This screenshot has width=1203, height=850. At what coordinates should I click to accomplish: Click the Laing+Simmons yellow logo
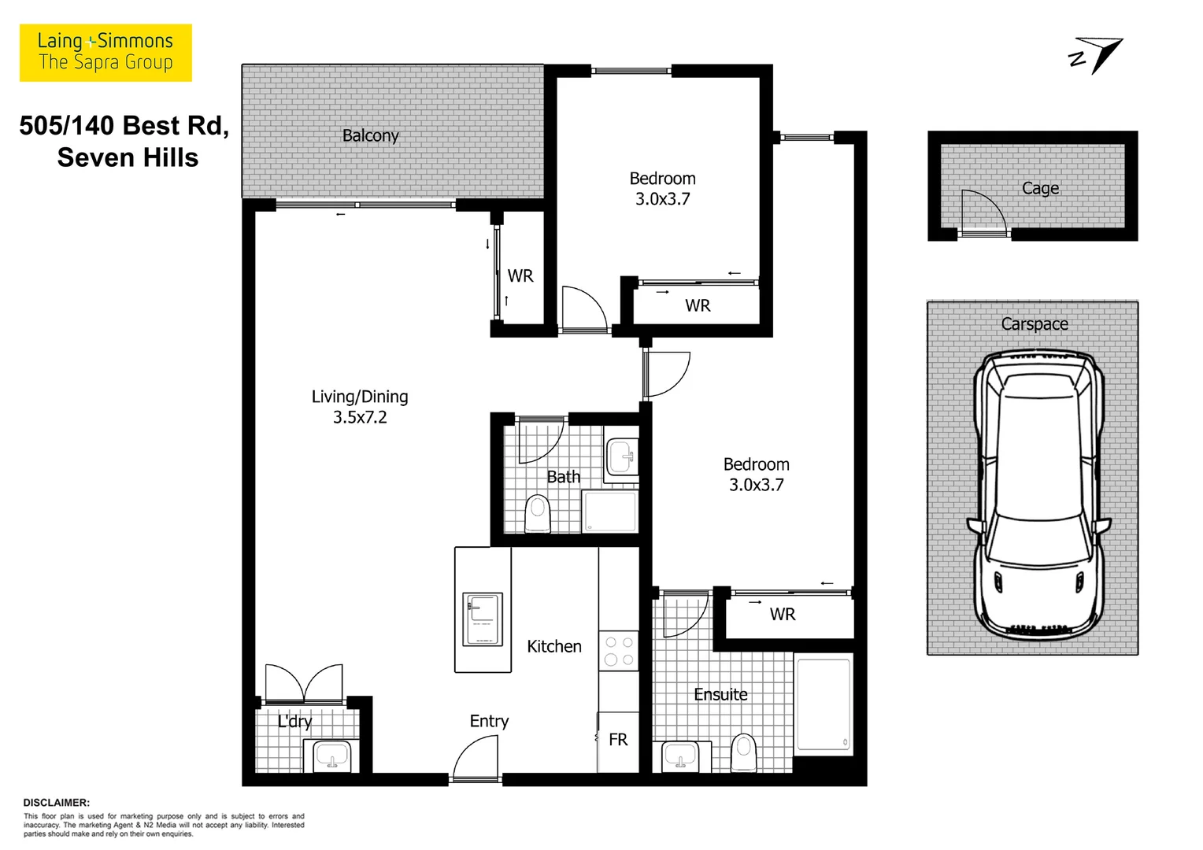pyautogui.click(x=105, y=53)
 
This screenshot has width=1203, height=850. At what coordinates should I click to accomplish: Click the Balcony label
pyautogui.click(x=370, y=135)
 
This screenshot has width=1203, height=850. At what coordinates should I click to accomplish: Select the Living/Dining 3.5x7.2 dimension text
pyautogui.click(x=360, y=417)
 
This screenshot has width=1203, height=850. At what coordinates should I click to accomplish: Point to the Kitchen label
pyautogui.click(x=553, y=646)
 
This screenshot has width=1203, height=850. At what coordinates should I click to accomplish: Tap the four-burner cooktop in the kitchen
pyautogui.click(x=618, y=651)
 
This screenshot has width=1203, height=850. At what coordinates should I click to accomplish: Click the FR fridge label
pyautogui.click(x=618, y=740)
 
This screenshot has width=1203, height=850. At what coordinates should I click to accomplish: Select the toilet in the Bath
pyautogui.click(x=538, y=513)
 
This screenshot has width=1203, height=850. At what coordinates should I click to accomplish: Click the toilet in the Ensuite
pyautogui.click(x=743, y=753)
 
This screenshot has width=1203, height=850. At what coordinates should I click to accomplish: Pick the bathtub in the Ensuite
pyautogui.click(x=823, y=702)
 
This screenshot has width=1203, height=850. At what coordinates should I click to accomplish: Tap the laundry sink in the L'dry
pyautogui.click(x=331, y=756)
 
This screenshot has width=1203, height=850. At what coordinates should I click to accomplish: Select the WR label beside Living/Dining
pyautogui.click(x=520, y=276)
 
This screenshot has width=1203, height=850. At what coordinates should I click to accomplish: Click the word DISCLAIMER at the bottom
pyautogui.click(x=57, y=803)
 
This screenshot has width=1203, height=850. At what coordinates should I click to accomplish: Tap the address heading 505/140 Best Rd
pyautogui.click(x=124, y=126)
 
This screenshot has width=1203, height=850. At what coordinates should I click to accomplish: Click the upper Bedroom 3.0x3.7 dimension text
pyautogui.click(x=662, y=199)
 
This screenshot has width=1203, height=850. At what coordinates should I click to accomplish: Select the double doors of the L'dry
pyautogui.click(x=304, y=682)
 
